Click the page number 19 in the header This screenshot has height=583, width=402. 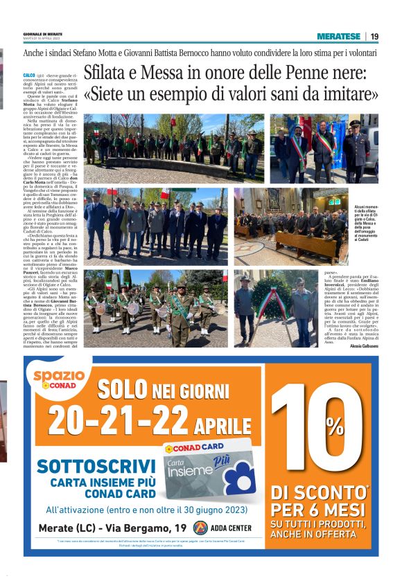[374, 36]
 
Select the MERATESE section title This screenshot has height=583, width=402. [338, 36]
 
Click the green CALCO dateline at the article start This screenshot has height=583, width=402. [29, 74]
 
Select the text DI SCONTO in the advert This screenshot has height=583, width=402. [317, 494]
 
